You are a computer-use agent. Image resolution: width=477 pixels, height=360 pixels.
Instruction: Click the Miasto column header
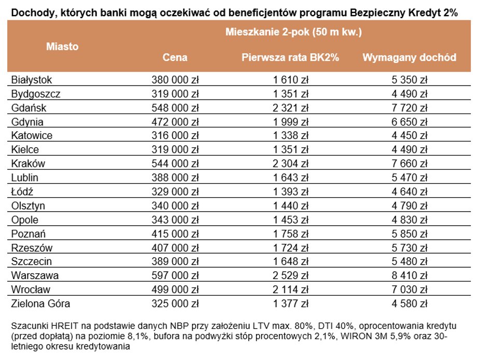point(62,47)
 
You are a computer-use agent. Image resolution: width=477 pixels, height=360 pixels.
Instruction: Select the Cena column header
point(175,58)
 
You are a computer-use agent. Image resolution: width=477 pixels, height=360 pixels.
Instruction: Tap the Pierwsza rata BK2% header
point(290,58)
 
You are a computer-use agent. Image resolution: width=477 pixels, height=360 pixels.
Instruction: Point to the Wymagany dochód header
point(409,58)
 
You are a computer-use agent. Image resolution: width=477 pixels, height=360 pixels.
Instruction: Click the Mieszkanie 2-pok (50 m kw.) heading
point(293,32)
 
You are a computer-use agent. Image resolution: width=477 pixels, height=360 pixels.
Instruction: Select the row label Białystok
point(32,80)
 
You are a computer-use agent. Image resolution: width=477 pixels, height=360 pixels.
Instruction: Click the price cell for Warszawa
point(175,275)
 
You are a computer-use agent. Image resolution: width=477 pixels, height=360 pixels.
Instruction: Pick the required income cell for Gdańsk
point(410,108)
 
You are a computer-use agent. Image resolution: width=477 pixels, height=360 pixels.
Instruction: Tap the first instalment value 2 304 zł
point(290,164)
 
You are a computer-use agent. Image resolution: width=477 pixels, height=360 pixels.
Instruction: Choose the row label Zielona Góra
point(41,303)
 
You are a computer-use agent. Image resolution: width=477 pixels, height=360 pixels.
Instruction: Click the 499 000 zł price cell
point(175,289)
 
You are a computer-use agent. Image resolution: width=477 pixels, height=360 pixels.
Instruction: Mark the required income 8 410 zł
point(410,275)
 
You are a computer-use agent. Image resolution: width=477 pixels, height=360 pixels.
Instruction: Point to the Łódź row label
point(22,192)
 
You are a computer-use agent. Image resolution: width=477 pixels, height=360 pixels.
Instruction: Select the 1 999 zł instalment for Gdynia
point(290,122)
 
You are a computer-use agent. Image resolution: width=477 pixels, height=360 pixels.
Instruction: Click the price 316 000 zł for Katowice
point(175,136)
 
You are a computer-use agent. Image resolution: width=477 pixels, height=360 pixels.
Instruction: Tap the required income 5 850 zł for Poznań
point(410,234)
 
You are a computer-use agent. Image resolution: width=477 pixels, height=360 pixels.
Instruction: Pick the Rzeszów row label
point(32,248)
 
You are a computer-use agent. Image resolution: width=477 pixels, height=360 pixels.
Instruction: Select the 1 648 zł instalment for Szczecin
point(290,262)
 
